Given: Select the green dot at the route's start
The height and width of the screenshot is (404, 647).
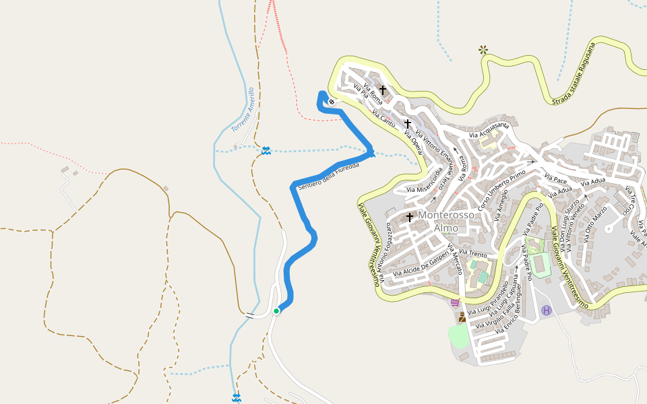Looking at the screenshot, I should pyautogui.click(x=276, y=310).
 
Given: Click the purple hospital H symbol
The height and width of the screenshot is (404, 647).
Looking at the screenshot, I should pyautogui.click(x=546, y=310).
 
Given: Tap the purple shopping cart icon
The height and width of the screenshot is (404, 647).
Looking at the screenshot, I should pyautogui.click(x=456, y=302).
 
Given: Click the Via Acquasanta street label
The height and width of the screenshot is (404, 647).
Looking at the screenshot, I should pyautogui.click(x=489, y=130).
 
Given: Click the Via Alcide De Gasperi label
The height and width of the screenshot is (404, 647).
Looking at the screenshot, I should pyautogui.click(x=421, y=264).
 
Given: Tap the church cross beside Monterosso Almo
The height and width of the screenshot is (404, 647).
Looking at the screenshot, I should pyautogui.click(x=409, y=217).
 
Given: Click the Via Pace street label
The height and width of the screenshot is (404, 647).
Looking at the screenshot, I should pyautogui.click(x=556, y=180).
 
